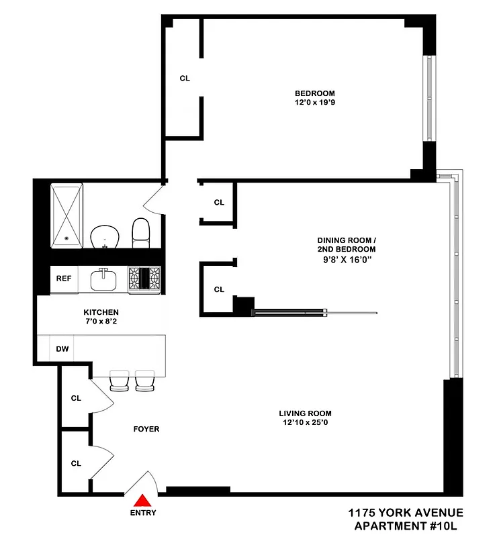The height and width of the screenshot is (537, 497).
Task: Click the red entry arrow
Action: [x=142, y=500]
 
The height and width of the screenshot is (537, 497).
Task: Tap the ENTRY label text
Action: [x=142, y=514]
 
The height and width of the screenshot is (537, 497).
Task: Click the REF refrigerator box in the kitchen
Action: [x=64, y=279]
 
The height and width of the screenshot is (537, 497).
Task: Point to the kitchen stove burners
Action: [x=145, y=278]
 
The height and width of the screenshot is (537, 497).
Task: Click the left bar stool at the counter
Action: [x=120, y=381]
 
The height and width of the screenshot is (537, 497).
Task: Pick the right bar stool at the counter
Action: [x=145, y=381]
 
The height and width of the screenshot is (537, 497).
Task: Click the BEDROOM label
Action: [x=314, y=93]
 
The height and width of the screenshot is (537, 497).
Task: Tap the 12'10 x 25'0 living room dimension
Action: [x=306, y=423]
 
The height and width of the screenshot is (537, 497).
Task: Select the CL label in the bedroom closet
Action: [x=185, y=79]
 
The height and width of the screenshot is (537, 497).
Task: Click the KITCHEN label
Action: [x=101, y=312]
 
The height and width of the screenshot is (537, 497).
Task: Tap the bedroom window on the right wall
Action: [x=427, y=98]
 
